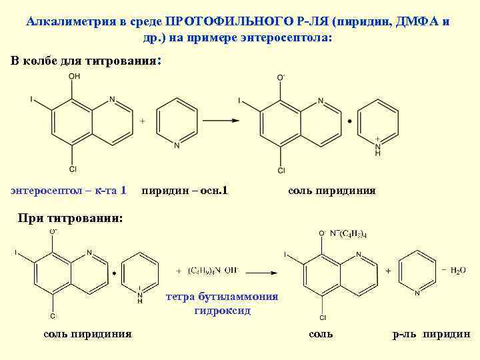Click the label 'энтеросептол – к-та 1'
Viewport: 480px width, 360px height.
69,191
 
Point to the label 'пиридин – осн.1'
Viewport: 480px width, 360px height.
185,191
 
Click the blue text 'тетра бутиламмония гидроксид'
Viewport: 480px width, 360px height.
222,303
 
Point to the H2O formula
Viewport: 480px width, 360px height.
458,270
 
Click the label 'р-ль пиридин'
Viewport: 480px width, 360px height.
431,334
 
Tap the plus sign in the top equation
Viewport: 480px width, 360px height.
142,121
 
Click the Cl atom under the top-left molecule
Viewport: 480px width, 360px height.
73,167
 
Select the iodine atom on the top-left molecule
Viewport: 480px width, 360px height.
31,99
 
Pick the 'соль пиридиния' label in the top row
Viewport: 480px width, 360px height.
331,191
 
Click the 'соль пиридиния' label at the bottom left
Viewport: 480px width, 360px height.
87,334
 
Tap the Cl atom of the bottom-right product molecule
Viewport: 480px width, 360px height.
323,317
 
